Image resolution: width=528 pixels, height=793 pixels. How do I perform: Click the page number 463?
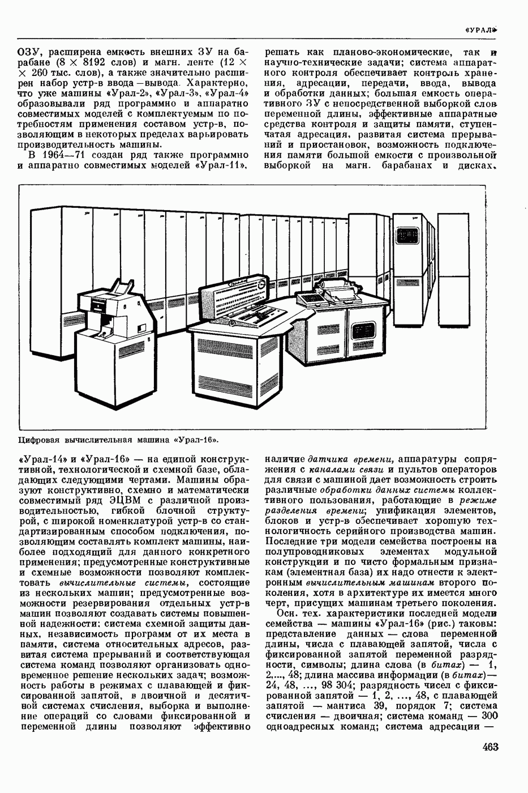[490, 747]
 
